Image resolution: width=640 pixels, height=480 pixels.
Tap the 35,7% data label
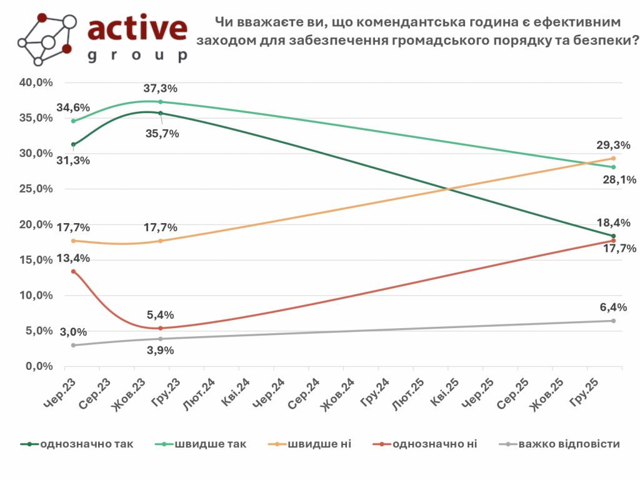(162, 133)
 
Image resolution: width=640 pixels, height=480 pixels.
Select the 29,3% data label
(613, 145)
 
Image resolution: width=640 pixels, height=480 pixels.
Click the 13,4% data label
(73, 258)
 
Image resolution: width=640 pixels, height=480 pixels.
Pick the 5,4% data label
(161, 315)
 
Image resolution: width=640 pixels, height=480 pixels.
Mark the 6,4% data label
(613, 307)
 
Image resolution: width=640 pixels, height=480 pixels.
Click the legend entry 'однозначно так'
(86, 444)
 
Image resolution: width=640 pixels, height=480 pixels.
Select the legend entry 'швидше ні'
(319, 444)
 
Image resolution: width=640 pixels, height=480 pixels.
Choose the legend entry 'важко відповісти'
(568, 444)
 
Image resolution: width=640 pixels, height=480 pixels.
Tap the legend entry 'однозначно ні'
(435, 444)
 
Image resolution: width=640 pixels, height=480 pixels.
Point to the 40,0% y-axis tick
(37, 82)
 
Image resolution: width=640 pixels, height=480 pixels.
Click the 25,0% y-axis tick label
(37, 189)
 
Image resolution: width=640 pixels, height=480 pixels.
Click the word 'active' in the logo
(137, 27)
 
